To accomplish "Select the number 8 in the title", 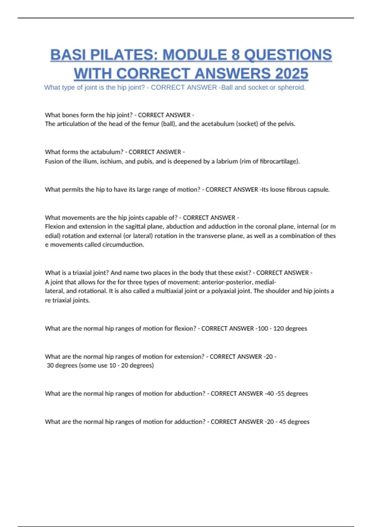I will [236, 55].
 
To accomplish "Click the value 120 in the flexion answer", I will [278, 328].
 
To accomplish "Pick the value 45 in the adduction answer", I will [282, 422].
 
